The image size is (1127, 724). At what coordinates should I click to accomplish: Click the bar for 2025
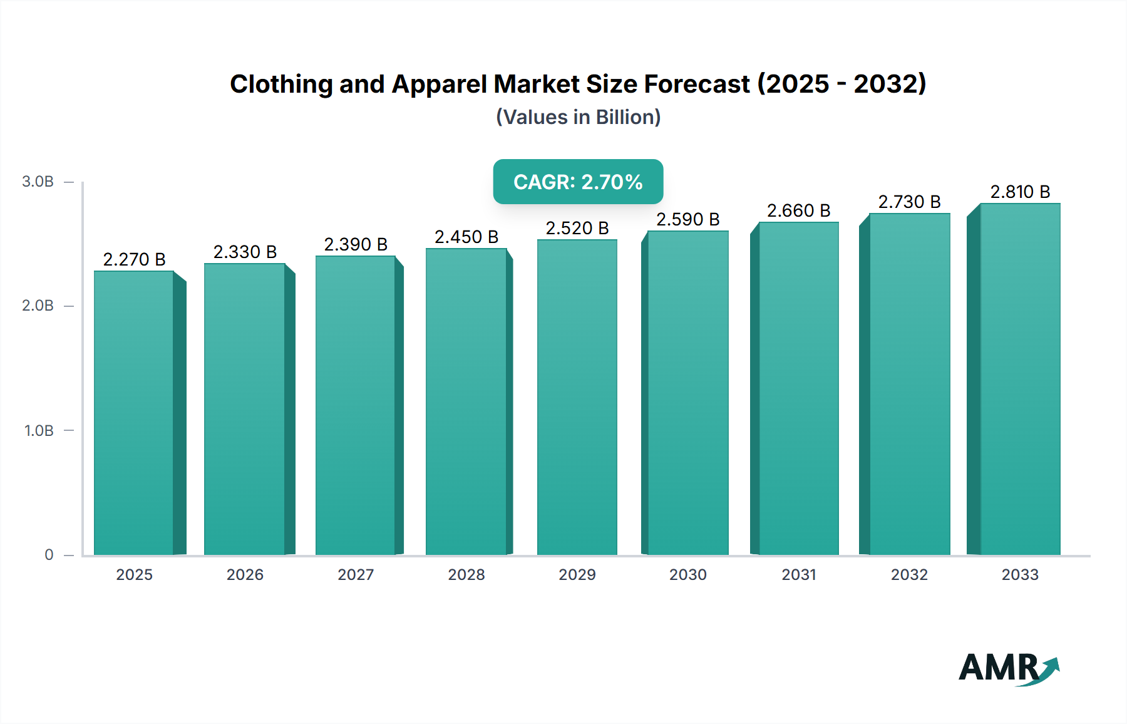tap(134, 413)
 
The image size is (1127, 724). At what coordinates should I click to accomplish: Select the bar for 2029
tap(577, 398)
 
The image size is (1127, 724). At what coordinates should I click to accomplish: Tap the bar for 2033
tap(1020, 380)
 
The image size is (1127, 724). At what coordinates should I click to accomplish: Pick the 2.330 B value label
tap(245, 252)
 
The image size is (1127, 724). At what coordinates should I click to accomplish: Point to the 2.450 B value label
tap(466, 237)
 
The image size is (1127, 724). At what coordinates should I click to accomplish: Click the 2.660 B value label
tap(798, 210)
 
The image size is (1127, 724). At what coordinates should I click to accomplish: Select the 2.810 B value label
tap(1020, 192)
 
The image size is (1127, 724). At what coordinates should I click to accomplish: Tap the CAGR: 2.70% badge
tap(578, 182)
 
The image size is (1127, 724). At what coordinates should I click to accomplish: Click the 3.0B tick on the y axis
tap(38, 182)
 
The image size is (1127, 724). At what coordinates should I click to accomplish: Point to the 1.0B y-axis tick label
tap(39, 431)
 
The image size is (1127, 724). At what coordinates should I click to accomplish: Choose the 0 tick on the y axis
tap(49, 555)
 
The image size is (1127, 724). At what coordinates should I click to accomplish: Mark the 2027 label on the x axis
tap(356, 575)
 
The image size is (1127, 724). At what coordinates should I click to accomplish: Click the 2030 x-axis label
tap(687, 575)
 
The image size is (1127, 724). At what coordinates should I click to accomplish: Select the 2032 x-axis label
tap(909, 575)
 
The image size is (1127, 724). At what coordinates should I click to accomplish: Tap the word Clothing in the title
tap(281, 84)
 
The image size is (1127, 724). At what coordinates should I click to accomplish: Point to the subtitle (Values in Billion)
tap(578, 117)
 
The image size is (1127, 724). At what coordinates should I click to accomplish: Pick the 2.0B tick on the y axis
tap(38, 306)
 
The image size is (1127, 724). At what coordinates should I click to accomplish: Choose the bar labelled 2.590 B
tap(687, 393)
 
